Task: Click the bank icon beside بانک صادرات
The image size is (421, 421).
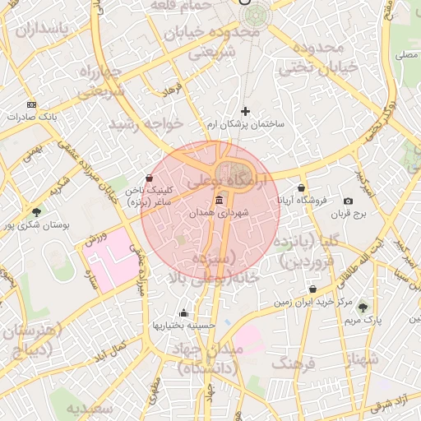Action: [31, 104]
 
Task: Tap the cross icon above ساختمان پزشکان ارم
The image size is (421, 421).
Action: [245, 111]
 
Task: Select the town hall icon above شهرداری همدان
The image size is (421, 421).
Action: [218, 201]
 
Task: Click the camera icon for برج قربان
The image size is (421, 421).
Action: [348, 201]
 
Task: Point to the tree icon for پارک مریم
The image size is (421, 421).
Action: [363, 307]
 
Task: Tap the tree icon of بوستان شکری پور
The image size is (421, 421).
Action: [35, 212]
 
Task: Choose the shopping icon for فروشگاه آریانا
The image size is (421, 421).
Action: [302, 188]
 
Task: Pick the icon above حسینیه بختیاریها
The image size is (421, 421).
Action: [183, 312]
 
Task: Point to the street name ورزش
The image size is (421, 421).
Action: [96, 238]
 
